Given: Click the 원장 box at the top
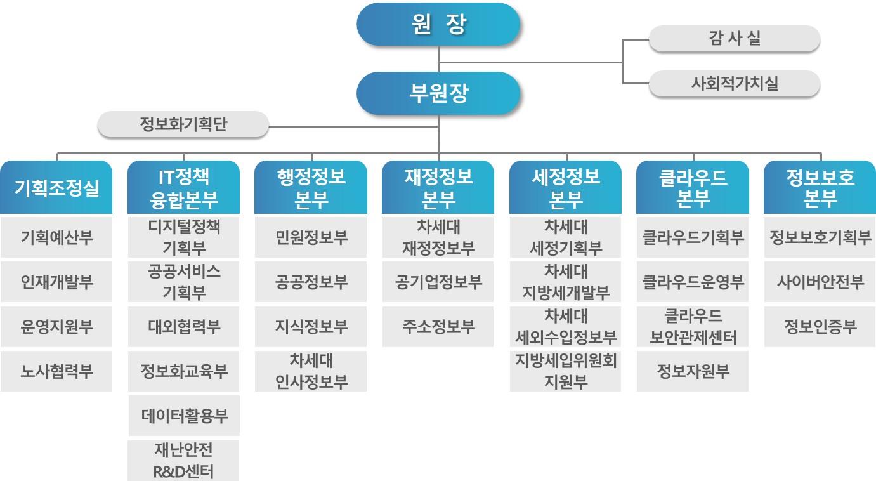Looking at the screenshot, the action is [438, 24].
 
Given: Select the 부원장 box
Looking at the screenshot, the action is [438, 93].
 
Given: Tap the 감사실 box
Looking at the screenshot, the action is [735, 38].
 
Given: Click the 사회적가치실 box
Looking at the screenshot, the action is [735, 83].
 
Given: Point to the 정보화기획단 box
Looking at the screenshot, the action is [183, 124].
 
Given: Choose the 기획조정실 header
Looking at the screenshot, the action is [56, 187].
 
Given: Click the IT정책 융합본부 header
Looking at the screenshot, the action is [184, 187].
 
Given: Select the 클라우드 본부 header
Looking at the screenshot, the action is [693, 187].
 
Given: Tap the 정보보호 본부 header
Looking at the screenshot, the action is [820, 187].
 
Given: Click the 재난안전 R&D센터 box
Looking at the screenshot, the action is [183, 461].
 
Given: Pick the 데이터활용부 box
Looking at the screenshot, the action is [184, 416].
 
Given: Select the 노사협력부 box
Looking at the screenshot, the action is [56, 371].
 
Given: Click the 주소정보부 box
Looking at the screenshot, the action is [438, 326].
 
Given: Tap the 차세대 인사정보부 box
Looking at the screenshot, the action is [311, 371].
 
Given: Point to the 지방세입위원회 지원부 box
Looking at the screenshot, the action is [565, 371].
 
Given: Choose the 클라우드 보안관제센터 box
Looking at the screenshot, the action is [693, 326].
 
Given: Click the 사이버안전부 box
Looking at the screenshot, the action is [820, 282].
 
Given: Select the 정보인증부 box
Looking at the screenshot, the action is [820, 326].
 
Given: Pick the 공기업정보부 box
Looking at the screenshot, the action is [438, 282].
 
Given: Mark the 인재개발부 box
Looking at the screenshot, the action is [56, 282].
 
